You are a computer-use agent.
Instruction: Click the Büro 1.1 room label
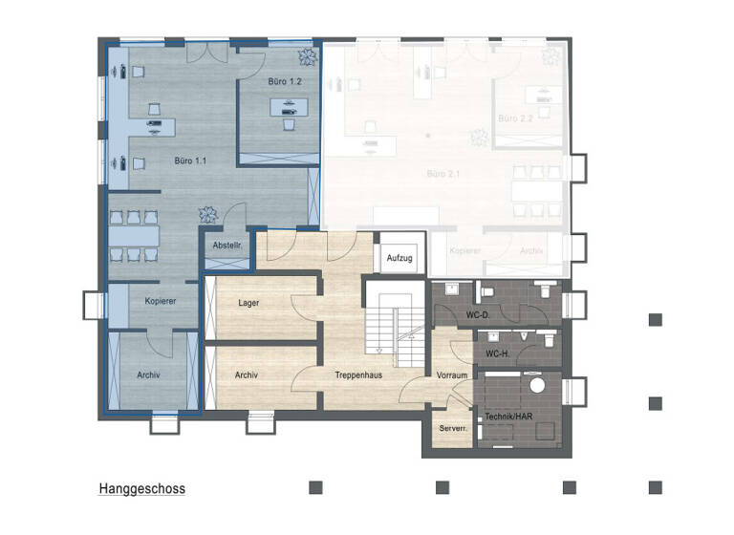pos(189,160)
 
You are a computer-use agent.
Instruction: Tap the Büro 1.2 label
pos(286,82)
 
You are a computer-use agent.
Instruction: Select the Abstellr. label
pos(227,246)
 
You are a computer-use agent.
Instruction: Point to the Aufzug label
pos(399,258)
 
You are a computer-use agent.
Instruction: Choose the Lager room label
pos(248,303)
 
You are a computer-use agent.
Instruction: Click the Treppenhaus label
pos(358,375)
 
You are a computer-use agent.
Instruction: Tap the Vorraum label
pos(452,375)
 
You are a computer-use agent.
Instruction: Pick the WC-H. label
pos(498,354)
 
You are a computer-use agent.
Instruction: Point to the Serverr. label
pos(452,429)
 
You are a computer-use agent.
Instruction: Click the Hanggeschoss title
pos(141,489)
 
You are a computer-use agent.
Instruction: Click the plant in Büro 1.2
pos(306,55)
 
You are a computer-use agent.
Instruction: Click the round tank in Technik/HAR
pos(536,386)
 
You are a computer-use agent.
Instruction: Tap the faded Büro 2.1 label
pos(444,175)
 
